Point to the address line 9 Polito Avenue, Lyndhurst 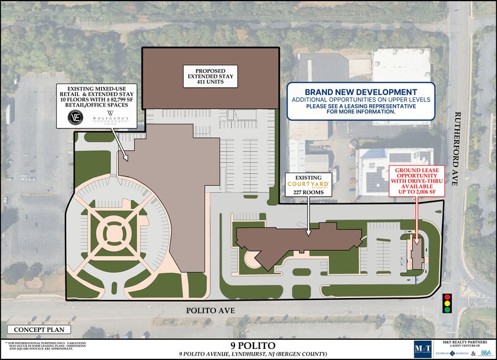pyautogui.click(x=248, y=354)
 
